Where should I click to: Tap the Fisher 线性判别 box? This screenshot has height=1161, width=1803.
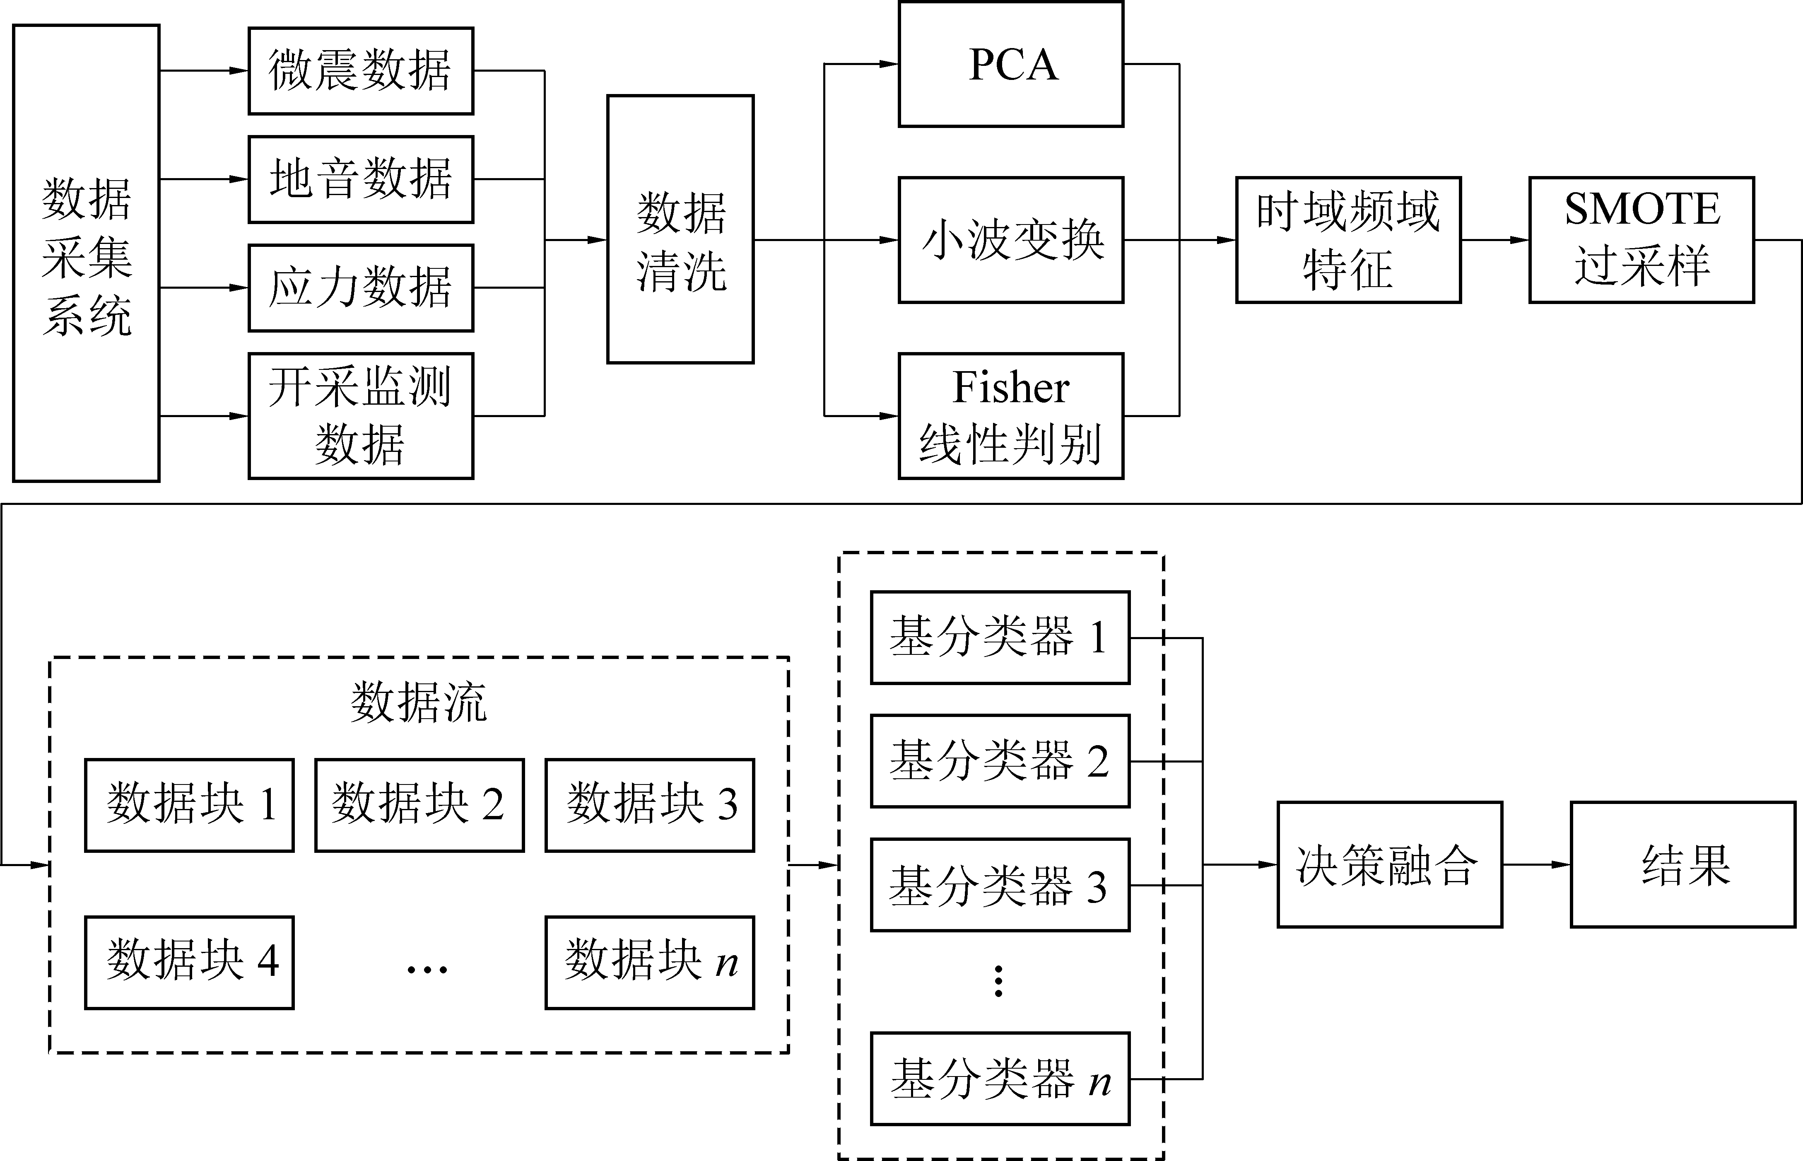[1011, 415]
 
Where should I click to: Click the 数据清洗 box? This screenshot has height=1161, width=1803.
[681, 229]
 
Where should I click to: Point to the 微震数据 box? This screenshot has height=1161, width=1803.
[361, 71]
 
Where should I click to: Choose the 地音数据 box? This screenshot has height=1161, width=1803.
[361, 179]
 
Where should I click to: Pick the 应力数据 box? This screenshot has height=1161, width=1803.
[361, 288]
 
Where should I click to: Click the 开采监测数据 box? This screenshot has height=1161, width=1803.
[361, 415]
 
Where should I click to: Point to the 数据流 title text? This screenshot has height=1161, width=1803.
[419, 702]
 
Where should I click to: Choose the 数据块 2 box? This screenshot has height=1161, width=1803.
[419, 805]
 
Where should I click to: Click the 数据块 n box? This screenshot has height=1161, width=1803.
[650, 963]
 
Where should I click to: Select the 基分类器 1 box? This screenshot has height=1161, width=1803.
[1000, 638]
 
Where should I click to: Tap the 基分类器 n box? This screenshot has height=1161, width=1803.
[1000, 1079]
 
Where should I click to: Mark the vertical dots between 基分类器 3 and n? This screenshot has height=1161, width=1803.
[999, 982]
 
